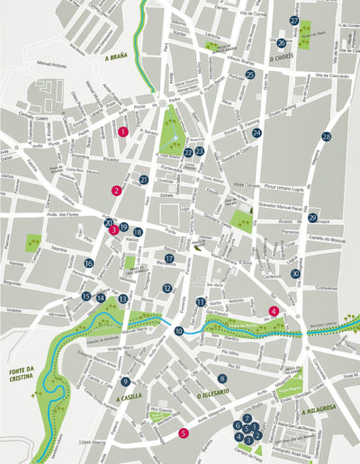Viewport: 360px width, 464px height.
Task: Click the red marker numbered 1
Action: tap(122, 131)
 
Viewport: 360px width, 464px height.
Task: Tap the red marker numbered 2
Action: tap(116, 191)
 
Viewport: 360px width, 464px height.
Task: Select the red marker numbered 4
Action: tap(274, 311)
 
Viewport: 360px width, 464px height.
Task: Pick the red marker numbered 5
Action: tap(184, 433)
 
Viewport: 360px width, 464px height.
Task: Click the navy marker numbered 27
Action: tap(294, 20)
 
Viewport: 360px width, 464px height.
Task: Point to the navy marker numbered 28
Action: tap(326, 137)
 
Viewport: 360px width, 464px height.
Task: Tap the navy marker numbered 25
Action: tap(249, 76)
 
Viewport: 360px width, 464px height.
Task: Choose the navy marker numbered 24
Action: tap(256, 133)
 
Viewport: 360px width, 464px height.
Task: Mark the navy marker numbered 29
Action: tap(313, 218)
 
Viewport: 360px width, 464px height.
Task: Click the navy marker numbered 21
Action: tap(143, 181)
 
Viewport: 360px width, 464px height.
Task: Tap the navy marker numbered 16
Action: tap(89, 263)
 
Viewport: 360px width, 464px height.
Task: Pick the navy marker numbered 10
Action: tap(179, 331)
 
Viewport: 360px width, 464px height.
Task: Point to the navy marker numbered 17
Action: tap(168, 259)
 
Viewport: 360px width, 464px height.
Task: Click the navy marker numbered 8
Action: tap(222, 379)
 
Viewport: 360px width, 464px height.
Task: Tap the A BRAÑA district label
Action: tap(118, 58)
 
